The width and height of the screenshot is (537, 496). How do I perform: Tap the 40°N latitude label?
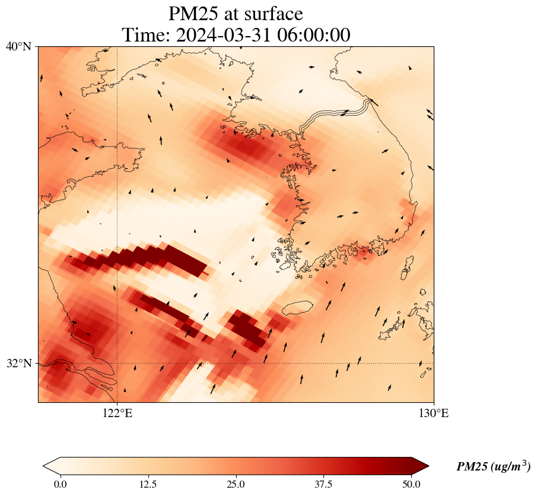18,46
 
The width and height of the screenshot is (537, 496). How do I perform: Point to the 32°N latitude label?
18,363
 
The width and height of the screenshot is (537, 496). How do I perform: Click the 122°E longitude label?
117,414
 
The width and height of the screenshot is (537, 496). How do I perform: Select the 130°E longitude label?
434,414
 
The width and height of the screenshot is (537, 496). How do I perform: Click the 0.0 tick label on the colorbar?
60,484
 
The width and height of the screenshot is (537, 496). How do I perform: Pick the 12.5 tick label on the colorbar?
148,484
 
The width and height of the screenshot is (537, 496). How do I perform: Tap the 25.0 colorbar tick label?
236,484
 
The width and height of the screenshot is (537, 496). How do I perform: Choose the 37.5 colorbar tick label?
324,484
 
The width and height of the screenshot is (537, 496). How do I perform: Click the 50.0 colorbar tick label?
411,484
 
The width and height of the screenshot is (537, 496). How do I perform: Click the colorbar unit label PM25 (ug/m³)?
493,467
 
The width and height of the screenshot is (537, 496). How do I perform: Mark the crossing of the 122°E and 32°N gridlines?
117,363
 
